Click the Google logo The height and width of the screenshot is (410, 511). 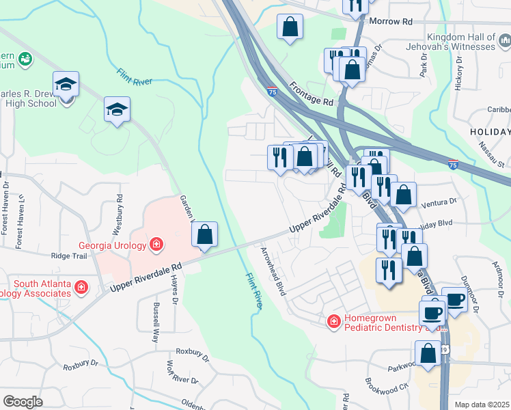pos(23,402)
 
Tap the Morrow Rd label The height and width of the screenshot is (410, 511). pos(391,22)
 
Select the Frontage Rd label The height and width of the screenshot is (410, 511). pos(311,94)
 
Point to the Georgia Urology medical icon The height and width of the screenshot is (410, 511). pos(156,244)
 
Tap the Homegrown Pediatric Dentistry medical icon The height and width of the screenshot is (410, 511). pos(334,320)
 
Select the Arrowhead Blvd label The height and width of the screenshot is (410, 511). pos(272,271)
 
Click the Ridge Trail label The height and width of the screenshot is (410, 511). pos(70,256)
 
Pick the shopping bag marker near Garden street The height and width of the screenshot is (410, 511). pos(204,235)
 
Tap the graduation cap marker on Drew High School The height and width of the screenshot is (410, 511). pos(66,85)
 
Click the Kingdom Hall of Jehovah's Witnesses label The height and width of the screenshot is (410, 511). pos(460,42)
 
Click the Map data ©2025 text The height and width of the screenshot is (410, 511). pos(481,405)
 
